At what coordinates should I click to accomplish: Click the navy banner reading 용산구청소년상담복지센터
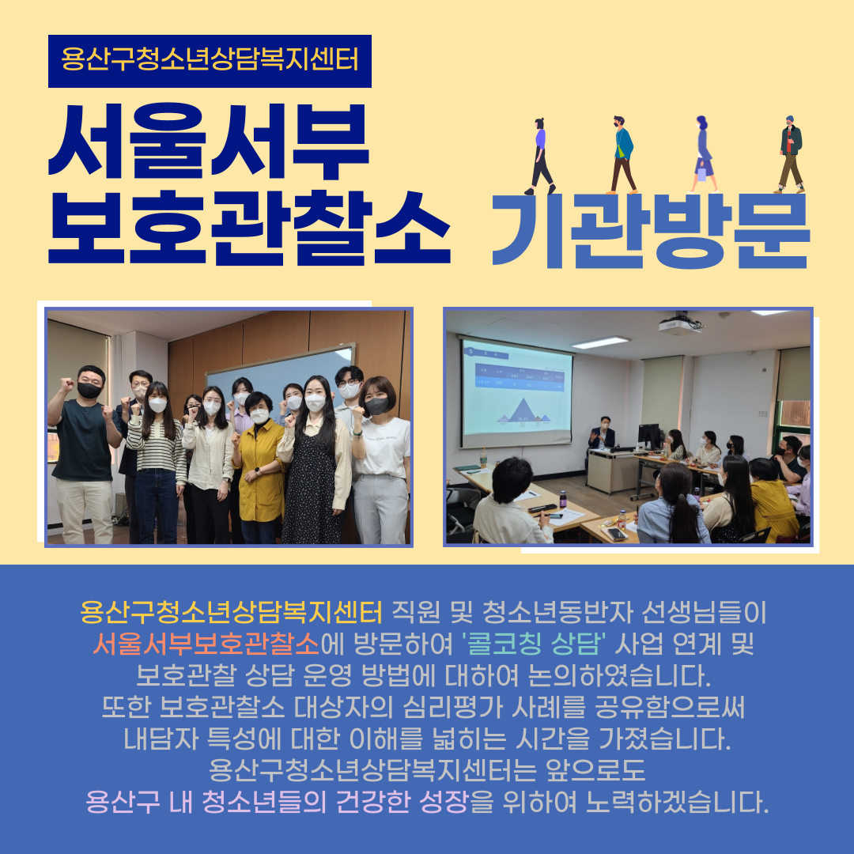(210, 61)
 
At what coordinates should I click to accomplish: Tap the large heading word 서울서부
(209, 141)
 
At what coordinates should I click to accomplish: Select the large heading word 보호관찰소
(249, 229)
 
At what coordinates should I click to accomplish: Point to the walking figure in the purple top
(540, 157)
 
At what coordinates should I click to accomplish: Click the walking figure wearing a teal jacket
(622, 155)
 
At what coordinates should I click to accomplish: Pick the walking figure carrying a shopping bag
(703, 154)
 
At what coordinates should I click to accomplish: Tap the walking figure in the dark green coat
(790, 154)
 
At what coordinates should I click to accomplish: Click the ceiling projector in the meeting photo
(680, 325)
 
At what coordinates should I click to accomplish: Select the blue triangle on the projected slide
(523, 410)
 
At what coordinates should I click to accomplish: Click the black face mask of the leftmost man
(89, 390)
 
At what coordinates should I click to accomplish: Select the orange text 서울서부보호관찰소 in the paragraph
(206, 644)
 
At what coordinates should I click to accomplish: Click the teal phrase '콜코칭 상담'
(535, 644)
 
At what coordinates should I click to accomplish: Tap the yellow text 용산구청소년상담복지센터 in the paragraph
(231, 613)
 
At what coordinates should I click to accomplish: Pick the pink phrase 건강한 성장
(402, 802)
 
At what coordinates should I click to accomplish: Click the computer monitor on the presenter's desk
(648, 436)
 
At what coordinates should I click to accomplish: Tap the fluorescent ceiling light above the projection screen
(600, 342)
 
